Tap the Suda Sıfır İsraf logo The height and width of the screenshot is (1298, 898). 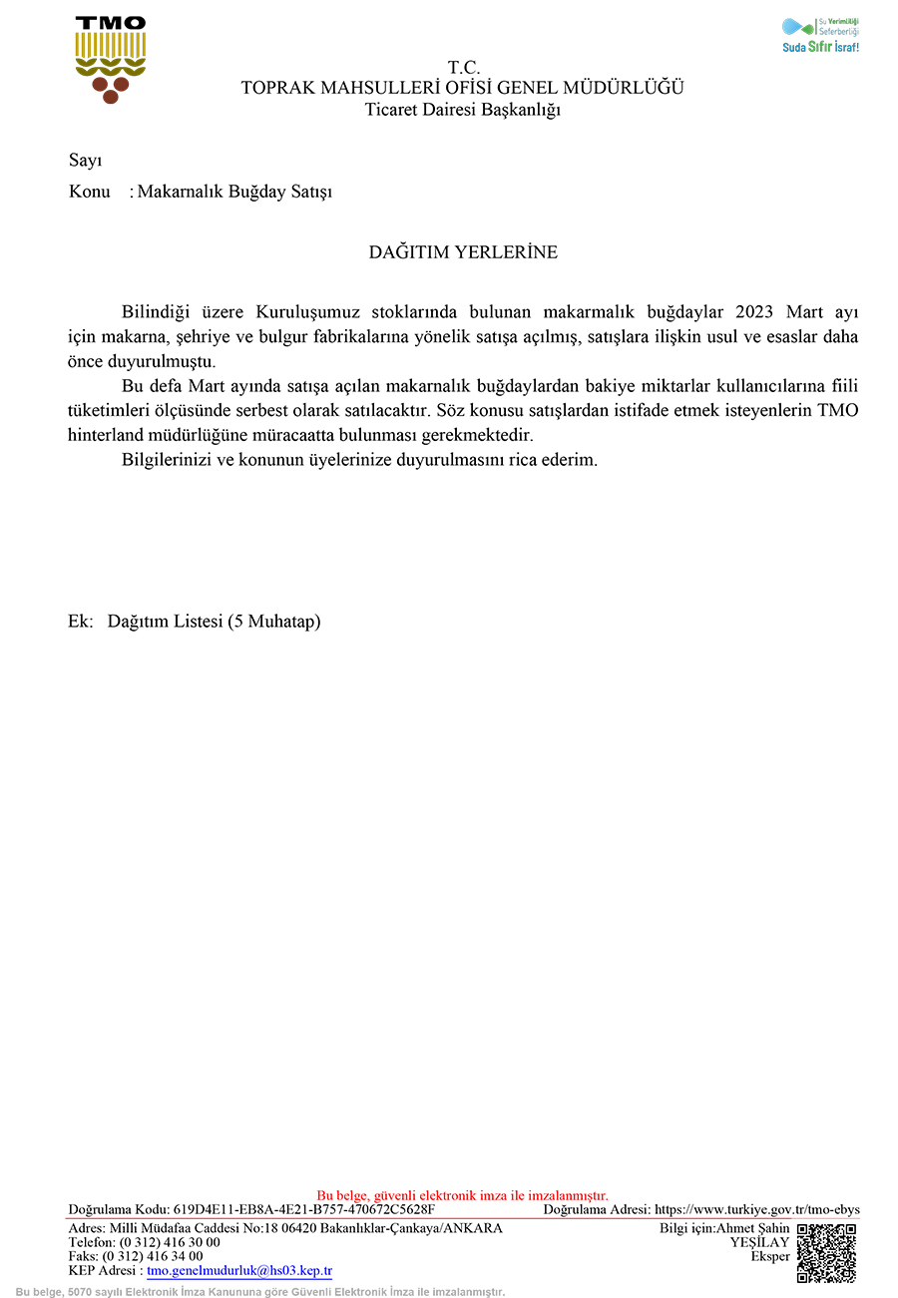tap(820, 35)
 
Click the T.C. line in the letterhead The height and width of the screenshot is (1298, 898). tap(463, 68)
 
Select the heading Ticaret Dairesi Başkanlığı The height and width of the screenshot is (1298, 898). tap(463, 110)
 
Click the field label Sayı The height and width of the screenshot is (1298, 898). tap(86, 161)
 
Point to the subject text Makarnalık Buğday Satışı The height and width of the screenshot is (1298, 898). tap(234, 192)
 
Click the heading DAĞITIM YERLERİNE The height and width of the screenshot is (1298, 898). tap(463, 252)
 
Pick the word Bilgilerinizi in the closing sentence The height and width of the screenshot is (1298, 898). tap(169, 460)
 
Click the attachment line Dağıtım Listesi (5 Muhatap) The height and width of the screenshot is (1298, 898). tap(214, 622)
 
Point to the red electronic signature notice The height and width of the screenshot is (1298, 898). tap(462, 1195)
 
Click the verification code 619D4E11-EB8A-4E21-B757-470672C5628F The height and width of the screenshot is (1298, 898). tap(303, 1210)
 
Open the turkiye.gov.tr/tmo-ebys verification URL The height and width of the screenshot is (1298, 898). tap(756, 1210)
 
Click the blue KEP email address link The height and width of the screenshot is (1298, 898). tap(238, 1271)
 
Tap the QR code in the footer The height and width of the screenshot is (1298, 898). tap(826, 1252)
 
